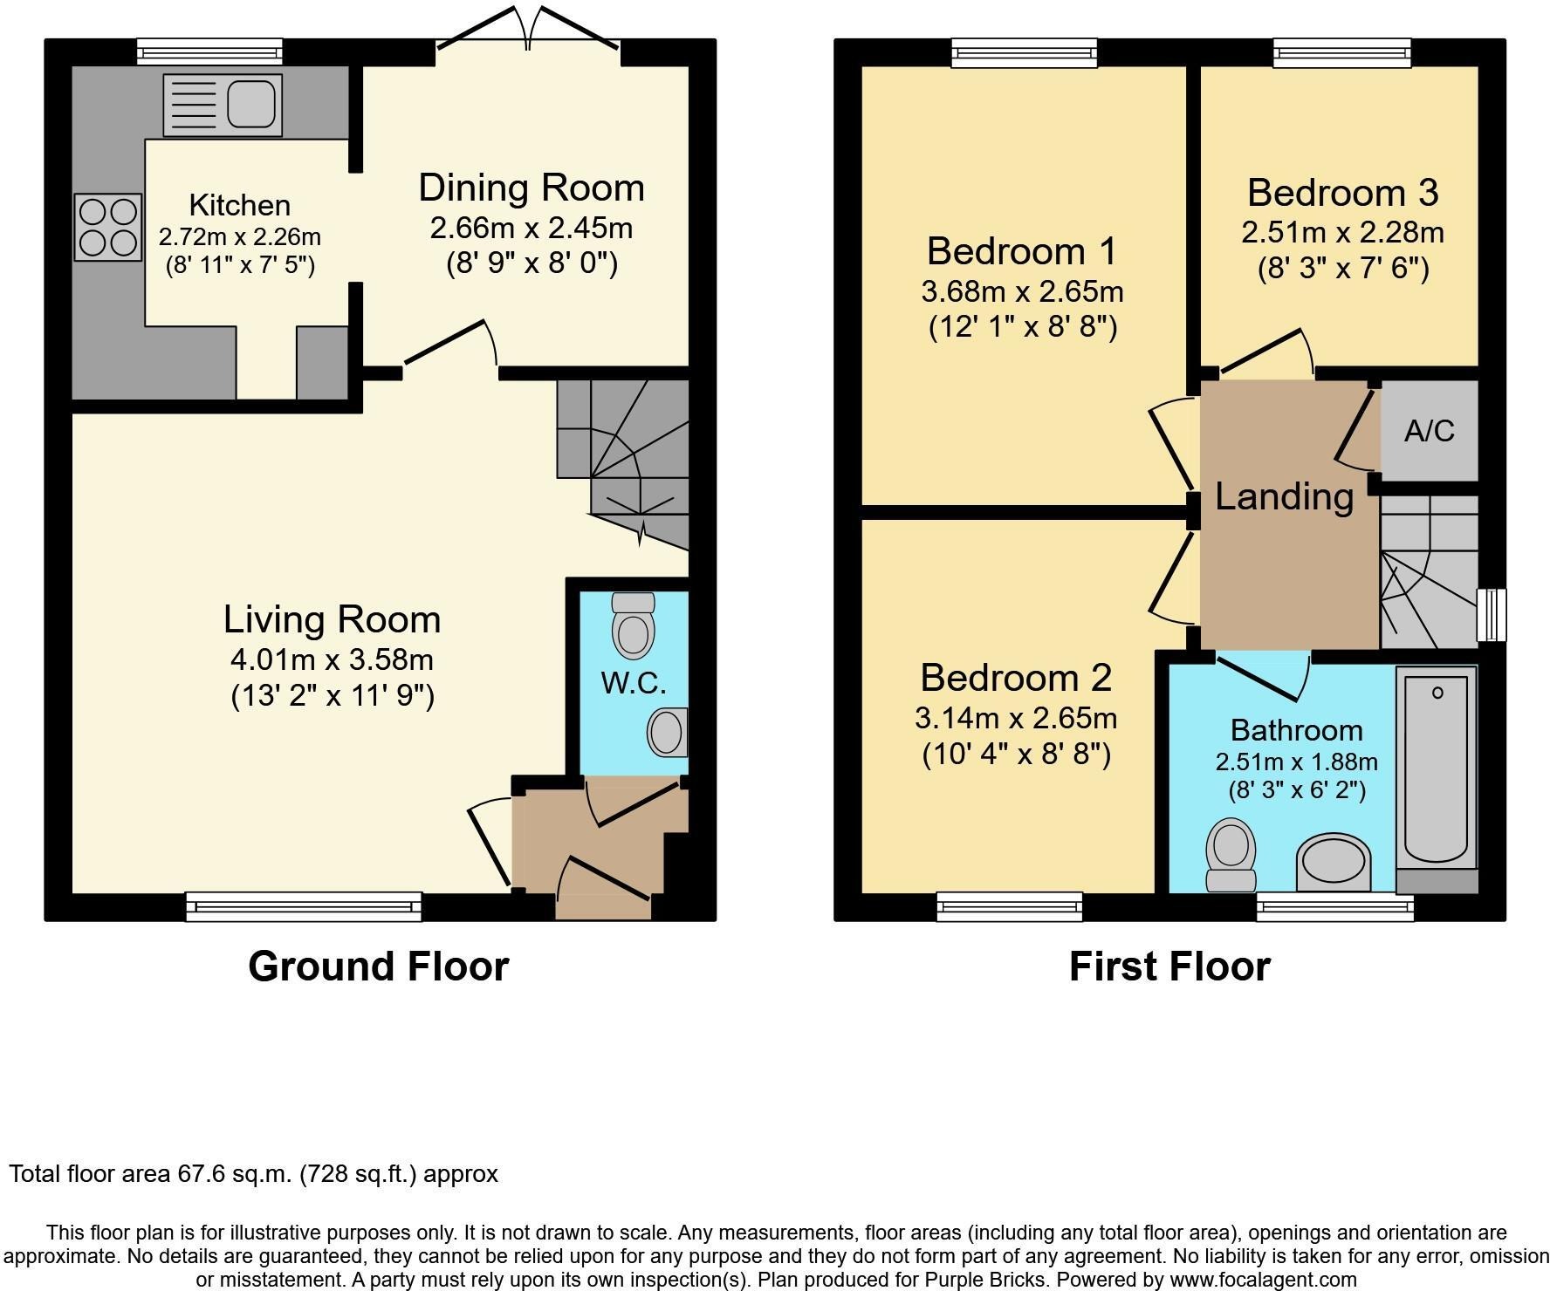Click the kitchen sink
(223, 105)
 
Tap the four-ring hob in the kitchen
(108, 227)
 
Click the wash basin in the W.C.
(668, 731)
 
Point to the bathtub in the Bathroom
(1437, 768)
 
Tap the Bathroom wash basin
(1333, 863)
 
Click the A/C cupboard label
(1430, 431)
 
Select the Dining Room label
(532, 188)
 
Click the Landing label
(1284, 497)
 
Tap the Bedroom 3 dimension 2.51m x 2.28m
(1342, 233)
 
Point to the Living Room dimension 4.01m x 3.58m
(332, 659)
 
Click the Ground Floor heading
(378, 967)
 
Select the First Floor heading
(1169, 967)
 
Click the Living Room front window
(304, 906)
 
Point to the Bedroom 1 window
(1025, 52)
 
